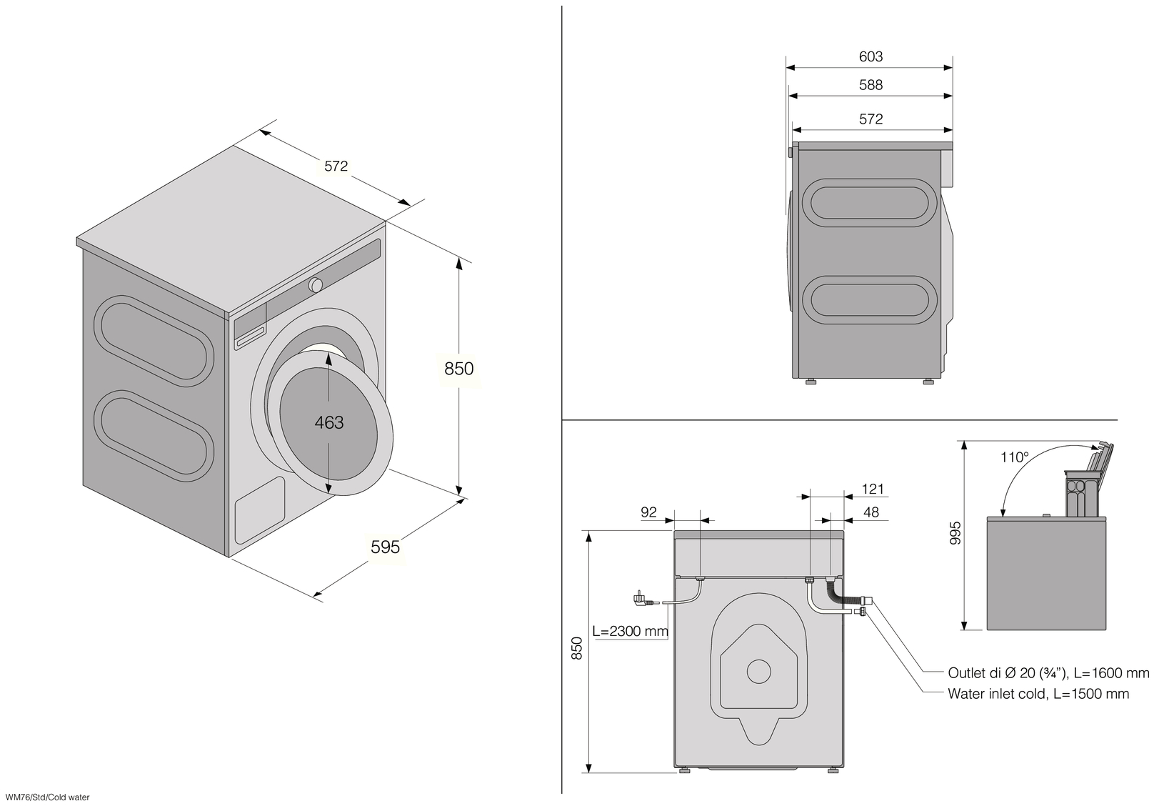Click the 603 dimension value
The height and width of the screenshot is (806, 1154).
click(x=870, y=56)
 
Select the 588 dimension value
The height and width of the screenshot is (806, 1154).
click(x=870, y=84)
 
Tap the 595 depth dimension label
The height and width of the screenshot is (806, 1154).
click(x=386, y=547)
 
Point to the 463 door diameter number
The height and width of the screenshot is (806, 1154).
click(x=328, y=422)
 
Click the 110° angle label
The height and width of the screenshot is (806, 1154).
click(x=1014, y=457)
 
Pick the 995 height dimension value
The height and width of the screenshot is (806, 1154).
click(x=955, y=533)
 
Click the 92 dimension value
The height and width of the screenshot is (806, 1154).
click(x=648, y=512)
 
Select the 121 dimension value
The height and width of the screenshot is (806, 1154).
click(x=873, y=489)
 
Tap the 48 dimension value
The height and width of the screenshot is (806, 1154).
click(x=870, y=512)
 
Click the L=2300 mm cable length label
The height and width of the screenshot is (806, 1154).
click(x=630, y=631)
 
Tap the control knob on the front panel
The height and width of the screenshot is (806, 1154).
click(x=316, y=285)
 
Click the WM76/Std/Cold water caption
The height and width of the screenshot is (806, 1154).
click(x=47, y=797)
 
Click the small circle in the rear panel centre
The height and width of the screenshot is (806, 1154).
click(x=759, y=672)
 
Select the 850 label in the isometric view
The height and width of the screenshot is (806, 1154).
click(x=458, y=369)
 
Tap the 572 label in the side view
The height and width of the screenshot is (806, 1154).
click(x=870, y=119)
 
